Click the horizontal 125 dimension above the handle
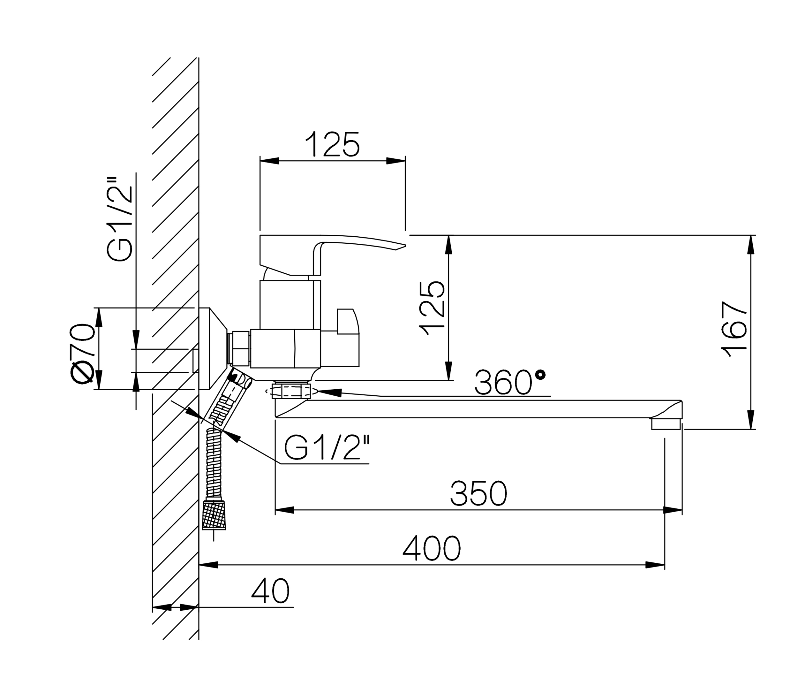(332, 145)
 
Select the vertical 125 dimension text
(432, 309)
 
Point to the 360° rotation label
(510, 382)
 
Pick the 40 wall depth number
(270, 591)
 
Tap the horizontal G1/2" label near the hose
(327, 447)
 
